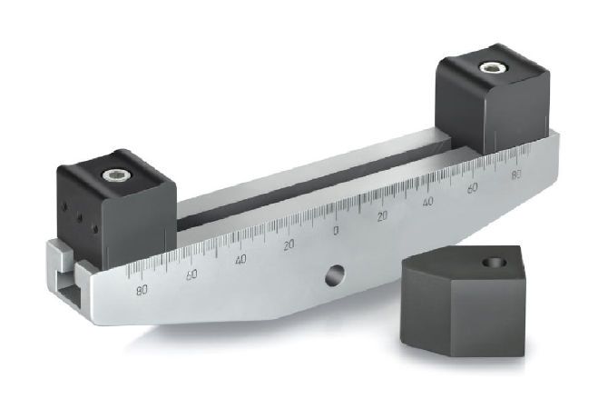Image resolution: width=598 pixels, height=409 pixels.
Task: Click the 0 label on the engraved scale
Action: coord(336,231)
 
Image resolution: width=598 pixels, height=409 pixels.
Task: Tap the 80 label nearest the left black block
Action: coord(141,291)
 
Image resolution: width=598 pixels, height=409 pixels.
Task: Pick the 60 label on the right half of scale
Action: coord(472,188)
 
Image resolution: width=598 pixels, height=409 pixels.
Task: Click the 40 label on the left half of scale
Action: coord(240,260)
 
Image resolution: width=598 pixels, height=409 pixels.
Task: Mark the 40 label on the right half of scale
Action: coord(427,202)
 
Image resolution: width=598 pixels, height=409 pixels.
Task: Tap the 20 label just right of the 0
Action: coord(382,216)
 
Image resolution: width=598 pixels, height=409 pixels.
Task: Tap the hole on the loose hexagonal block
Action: coord(495,262)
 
